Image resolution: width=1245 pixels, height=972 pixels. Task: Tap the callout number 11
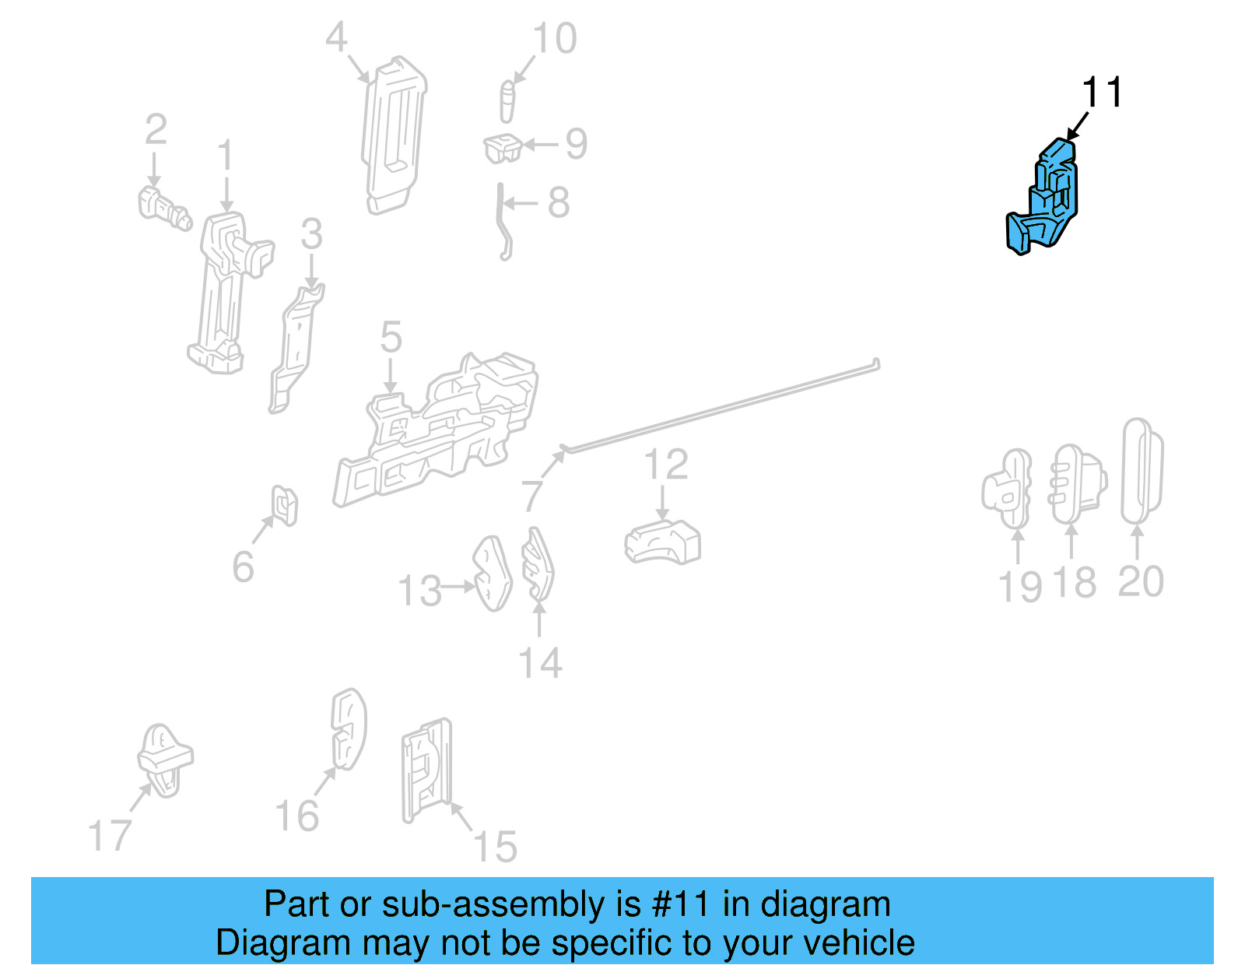(1102, 93)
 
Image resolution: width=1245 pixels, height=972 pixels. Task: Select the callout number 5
(391, 338)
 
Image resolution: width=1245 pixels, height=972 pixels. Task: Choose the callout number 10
(555, 39)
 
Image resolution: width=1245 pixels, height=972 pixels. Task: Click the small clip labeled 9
(503, 147)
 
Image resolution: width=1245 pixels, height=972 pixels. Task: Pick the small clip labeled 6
(285, 505)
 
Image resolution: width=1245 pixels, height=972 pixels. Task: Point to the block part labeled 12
(662, 542)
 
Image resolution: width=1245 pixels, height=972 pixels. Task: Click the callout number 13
(420, 591)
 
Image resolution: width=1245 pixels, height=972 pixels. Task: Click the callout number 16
(297, 816)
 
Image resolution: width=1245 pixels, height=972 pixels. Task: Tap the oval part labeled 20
(1142, 472)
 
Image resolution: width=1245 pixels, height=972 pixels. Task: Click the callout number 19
(1019, 587)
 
